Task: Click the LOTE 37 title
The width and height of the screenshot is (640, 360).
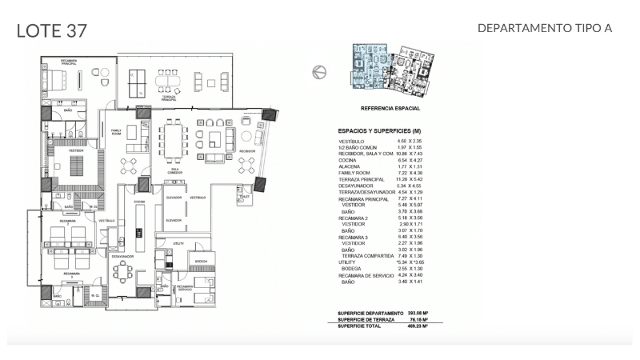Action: coord(51,30)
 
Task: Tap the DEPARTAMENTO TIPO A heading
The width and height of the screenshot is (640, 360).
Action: coord(544,28)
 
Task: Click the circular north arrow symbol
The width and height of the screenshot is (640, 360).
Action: coord(319,72)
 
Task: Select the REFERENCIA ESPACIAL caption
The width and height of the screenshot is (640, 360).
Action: coord(390,108)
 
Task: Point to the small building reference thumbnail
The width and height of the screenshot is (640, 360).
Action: coord(390,71)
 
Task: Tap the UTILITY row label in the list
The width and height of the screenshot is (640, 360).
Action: coord(347,262)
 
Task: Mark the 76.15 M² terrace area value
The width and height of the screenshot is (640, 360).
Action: coord(419,320)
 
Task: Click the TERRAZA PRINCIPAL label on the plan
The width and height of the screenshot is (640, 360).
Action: coord(170,97)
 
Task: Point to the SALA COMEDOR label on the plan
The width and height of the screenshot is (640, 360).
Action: coord(174,170)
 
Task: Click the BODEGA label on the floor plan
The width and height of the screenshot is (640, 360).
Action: coord(201,261)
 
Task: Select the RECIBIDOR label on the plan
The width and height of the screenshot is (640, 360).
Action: coord(247,150)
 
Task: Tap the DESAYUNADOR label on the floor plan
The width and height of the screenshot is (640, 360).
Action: coord(122,256)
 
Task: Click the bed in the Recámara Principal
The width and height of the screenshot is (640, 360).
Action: coord(57,78)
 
